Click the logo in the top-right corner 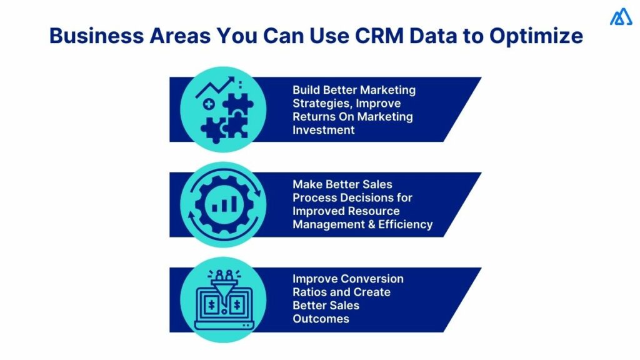[x=621, y=18]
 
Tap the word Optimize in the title [x=536, y=36]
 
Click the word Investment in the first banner [x=324, y=130]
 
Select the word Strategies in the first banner [x=321, y=103]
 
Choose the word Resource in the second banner [x=373, y=211]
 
